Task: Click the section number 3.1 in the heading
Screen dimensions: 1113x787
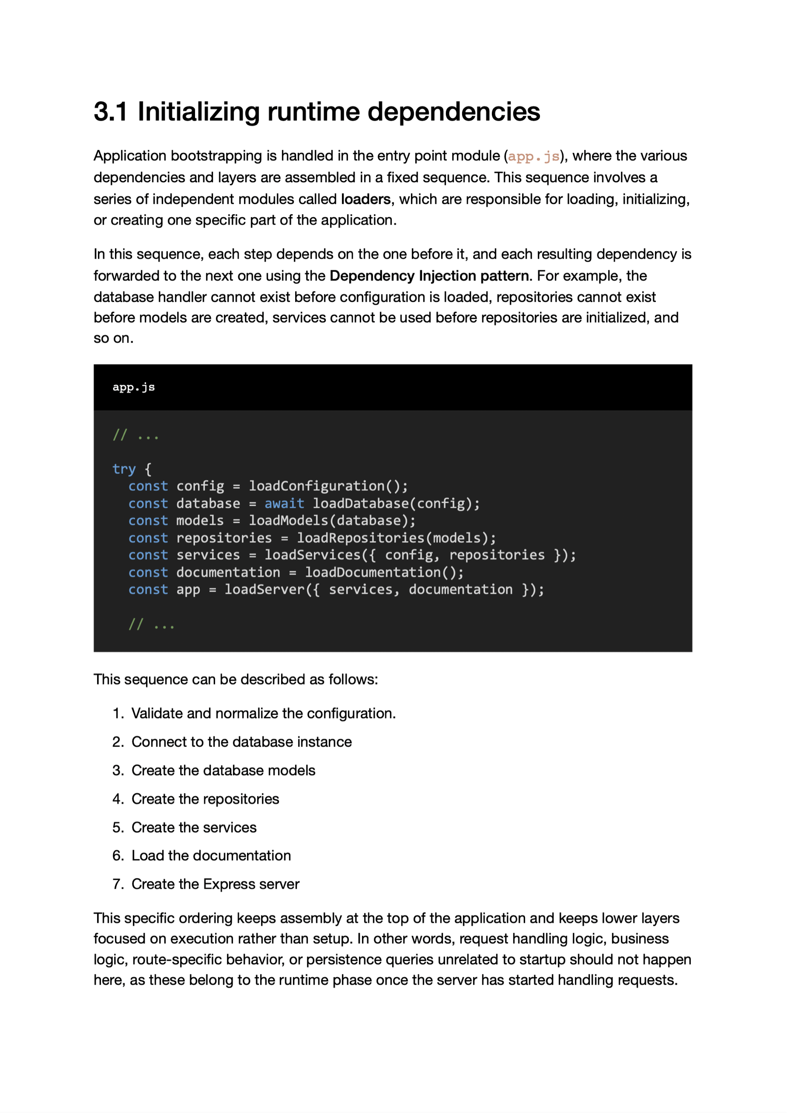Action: (110, 112)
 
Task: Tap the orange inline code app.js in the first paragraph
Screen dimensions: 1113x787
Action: (533, 156)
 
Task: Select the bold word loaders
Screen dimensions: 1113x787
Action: (366, 199)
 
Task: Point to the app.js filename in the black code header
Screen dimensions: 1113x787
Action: (133, 387)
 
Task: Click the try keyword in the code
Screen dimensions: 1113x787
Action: (124, 469)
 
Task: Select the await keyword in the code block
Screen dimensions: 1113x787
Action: (284, 504)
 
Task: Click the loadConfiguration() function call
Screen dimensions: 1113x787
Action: (328, 486)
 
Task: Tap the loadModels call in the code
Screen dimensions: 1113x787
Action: (288, 521)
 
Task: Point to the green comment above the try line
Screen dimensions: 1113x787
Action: (135, 435)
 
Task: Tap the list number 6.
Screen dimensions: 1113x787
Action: (118, 856)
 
